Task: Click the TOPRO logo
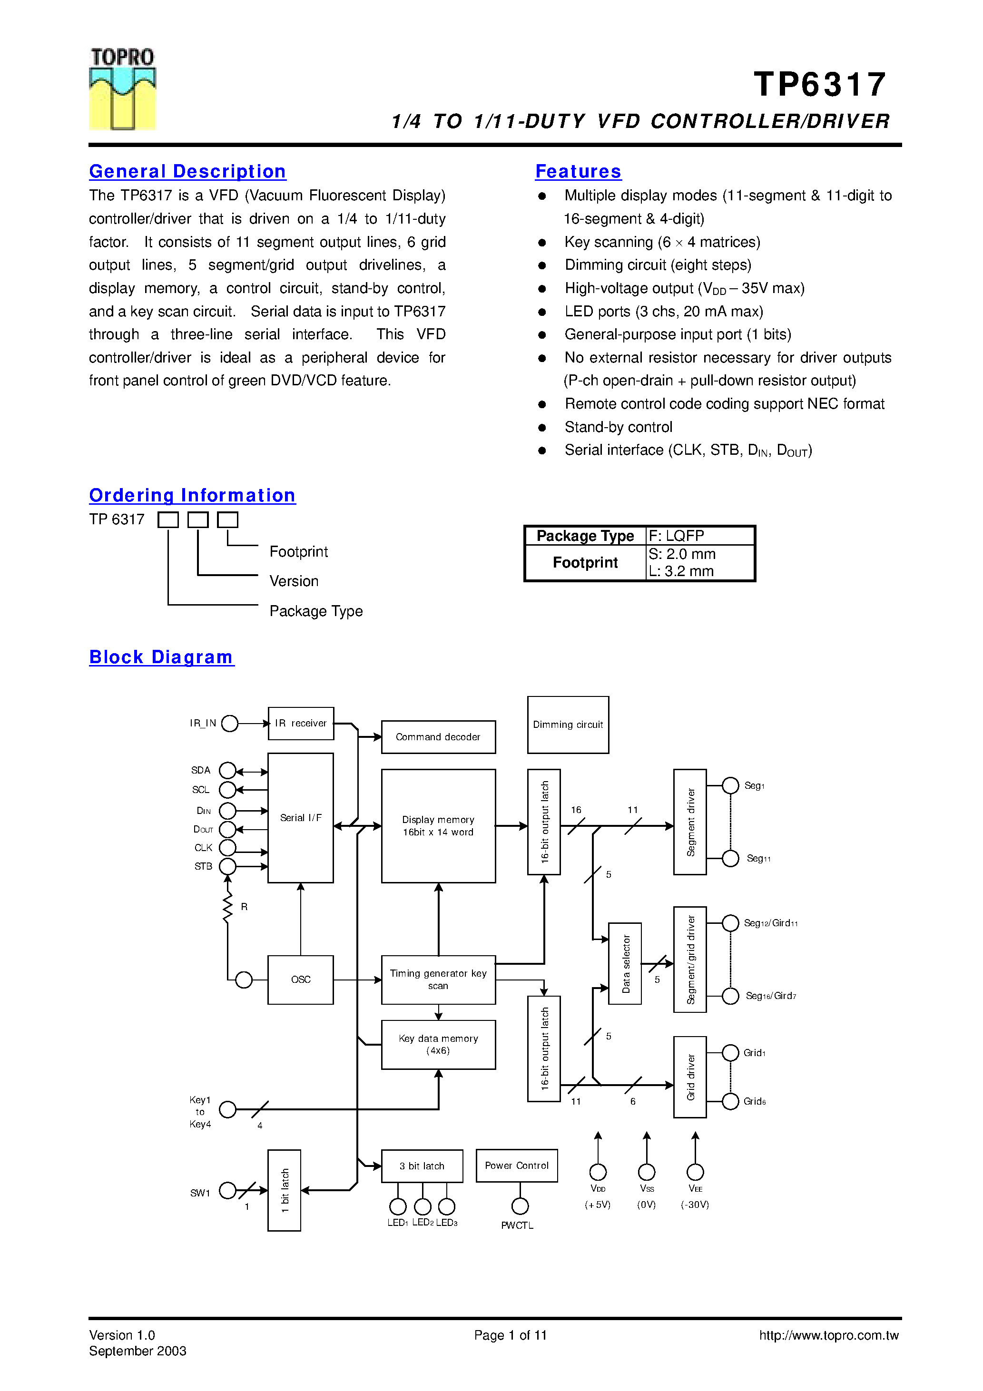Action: (122, 88)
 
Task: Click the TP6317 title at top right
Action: (820, 84)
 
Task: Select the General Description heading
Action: (187, 171)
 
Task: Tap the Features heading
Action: (578, 171)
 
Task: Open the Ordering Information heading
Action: (192, 496)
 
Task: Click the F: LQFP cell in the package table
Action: (699, 536)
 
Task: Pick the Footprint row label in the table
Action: (585, 563)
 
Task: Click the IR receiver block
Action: (301, 724)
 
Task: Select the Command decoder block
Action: (438, 737)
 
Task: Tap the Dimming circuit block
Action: (568, 725)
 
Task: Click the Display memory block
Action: (438, 826)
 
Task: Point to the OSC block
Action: (301, 980)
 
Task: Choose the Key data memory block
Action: (438, 1045)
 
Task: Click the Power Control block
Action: (516, 1166)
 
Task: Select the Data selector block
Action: (625, 963)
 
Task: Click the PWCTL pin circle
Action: (520, 1206)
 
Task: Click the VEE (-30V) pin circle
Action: (695, 1172)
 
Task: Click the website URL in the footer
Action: (828, 1335)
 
